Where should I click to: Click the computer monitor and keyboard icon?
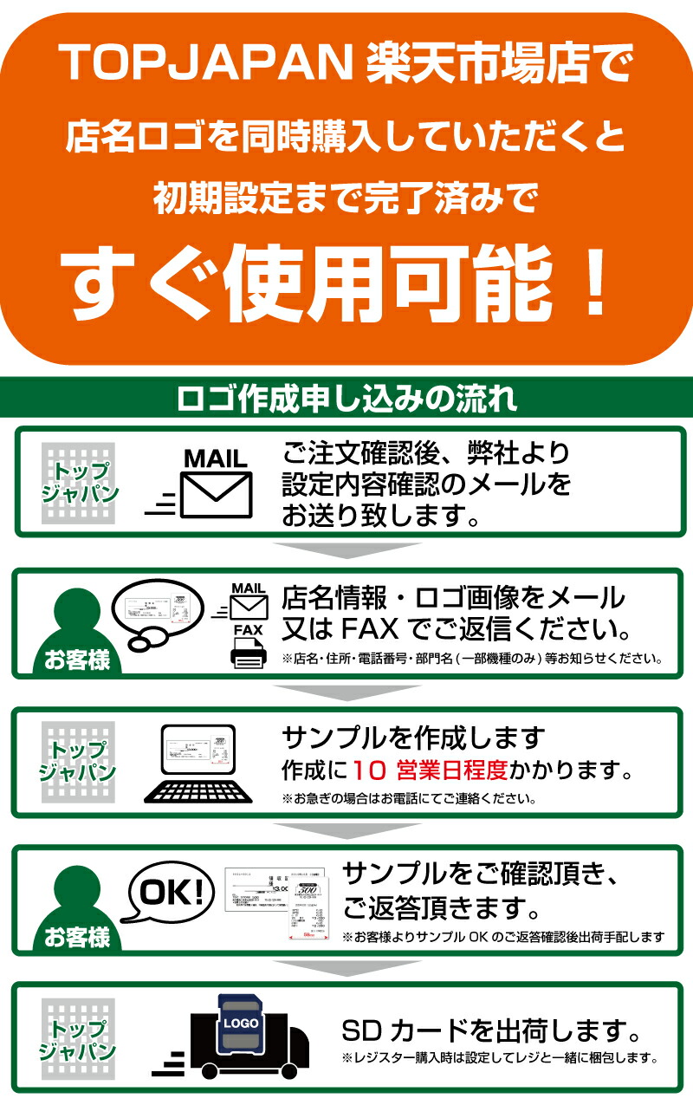pyautogui.click(x=201, y=762)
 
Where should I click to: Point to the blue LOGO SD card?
pyautogui.click(x=242, y=1024)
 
